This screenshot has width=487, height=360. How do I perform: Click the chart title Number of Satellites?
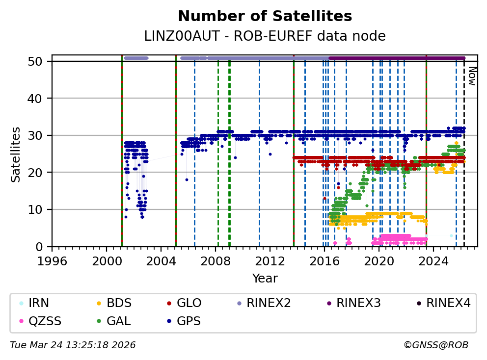pos(265,16)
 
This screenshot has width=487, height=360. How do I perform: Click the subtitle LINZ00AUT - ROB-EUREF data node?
pos(265,36)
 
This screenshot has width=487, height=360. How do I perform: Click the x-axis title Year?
pos(265,279)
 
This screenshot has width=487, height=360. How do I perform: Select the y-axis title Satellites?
pos(16,154)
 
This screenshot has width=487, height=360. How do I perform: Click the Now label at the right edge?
pos(471,76)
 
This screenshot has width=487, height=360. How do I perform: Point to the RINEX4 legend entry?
pos(448,303)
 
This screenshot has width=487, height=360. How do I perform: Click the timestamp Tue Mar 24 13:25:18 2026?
pos(73,345)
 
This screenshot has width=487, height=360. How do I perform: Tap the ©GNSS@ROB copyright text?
pos(436,345)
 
